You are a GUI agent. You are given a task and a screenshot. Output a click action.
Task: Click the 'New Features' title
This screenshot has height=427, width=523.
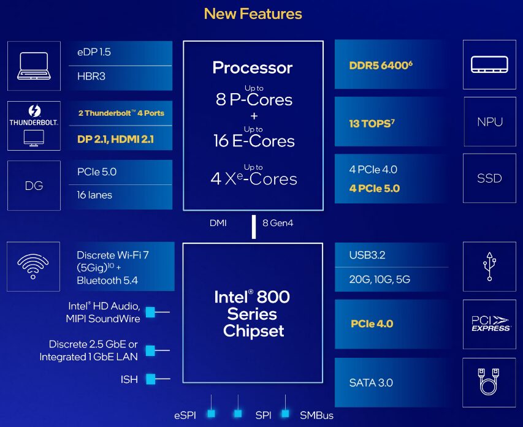click(253, 14)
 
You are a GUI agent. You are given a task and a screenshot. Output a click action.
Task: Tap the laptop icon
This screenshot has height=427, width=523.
click(34, 66)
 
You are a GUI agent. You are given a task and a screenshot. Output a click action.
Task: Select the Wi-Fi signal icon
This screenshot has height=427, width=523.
click(33, 266)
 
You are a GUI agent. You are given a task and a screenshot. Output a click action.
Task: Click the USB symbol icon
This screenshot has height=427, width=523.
click(489, 266)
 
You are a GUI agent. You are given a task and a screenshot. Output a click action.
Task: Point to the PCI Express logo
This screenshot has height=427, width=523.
click(490, 323)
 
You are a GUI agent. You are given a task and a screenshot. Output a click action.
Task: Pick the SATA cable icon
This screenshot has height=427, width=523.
click(489, 382)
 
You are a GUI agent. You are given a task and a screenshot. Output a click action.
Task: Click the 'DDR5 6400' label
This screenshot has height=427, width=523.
click(381, 65)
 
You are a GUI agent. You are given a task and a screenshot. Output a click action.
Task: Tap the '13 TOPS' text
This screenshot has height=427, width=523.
click(372, 124)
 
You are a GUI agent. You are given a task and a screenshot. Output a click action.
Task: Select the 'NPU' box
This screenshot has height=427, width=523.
click(490, 122)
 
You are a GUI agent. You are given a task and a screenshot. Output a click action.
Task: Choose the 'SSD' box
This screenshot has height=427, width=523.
click(489, 178)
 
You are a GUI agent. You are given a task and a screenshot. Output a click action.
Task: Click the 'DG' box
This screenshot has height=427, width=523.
click(34, 186)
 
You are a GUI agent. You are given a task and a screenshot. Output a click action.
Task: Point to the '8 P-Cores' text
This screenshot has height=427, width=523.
click(254, 99)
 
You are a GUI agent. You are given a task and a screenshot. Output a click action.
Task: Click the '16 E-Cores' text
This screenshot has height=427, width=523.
click(254, 141)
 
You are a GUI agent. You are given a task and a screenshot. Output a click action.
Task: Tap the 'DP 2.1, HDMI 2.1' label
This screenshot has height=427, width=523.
click(115, 139)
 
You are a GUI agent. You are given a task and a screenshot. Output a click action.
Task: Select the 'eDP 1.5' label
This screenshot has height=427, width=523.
click(94, 52)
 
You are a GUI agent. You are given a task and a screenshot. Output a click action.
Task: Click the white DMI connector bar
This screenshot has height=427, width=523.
click(254, 227)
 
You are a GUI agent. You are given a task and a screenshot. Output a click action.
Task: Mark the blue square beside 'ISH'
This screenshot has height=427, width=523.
click(150, 379)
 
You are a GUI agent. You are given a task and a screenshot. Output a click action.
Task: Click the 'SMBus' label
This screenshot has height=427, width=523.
click(316, 415)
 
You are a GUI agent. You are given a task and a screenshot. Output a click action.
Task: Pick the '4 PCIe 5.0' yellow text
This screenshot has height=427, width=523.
click(374, 188)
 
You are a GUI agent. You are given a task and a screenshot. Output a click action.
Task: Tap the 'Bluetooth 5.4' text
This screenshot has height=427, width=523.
click(107, 281)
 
